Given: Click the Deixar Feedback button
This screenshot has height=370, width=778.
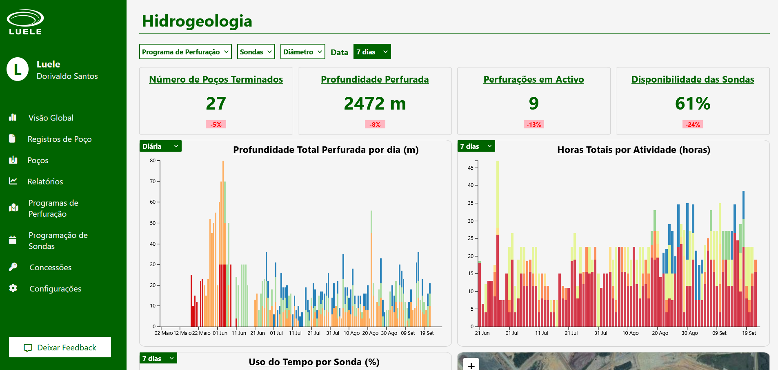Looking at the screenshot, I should (x=60, y=348).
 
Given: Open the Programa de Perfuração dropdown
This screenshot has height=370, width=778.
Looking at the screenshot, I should (x=185, y=52).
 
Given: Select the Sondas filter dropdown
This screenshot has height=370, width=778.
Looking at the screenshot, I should (x=256, y=52).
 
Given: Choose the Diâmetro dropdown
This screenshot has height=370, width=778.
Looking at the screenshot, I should (x=302, y=52).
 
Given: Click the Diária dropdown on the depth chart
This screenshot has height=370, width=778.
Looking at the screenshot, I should (x=160, y=146).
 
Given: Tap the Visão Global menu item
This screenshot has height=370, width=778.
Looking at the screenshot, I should (x=51, y=118).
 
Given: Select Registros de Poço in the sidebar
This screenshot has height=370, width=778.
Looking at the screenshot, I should (x=59, y=139).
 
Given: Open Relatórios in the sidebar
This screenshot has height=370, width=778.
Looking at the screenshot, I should (x=45, y=182).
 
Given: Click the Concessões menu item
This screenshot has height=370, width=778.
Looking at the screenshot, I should (x=50, y=267).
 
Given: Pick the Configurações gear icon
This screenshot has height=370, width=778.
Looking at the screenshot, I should (x=13, y=288).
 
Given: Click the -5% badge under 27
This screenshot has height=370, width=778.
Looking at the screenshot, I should (x=216, y=125).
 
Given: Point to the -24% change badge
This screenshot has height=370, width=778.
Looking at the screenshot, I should (x=693, y=125).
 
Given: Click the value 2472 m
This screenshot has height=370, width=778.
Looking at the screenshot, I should (x=375, y=103).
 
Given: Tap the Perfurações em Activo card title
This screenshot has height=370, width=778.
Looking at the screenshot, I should (x=533, y=79).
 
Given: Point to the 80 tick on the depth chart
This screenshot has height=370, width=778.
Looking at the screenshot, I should (x=153, y=161).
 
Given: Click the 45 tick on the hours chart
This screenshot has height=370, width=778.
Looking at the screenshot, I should (x=471, y=168).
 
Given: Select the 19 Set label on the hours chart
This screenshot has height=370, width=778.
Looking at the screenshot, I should (x=749, y=333).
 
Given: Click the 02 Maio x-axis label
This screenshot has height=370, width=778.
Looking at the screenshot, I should (x=163, y=333).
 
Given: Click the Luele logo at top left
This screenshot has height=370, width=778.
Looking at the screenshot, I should (x=25, y=22).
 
